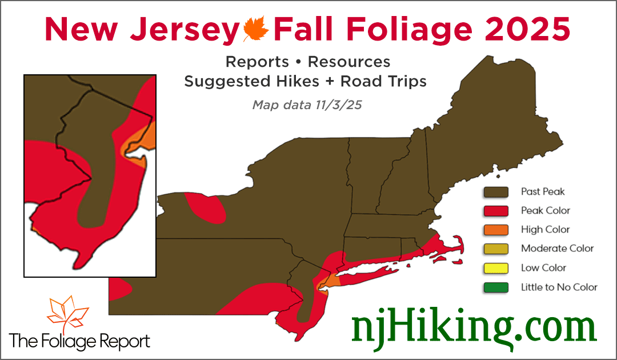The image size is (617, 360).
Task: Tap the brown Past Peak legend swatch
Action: click(x=495, y=191)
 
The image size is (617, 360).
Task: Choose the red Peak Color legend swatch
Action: click(x=495, y=210)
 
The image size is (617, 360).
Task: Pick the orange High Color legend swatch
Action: click(x=495, y=230)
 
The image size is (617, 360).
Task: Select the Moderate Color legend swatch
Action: click(x=495, y=249)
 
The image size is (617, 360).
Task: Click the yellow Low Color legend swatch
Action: click(x=495, y=267)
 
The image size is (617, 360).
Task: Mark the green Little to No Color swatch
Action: click(x=495, y=287)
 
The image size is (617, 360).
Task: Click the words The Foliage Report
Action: click(x=80, y=341)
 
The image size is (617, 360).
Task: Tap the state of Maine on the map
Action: click(x=486, y=114)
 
